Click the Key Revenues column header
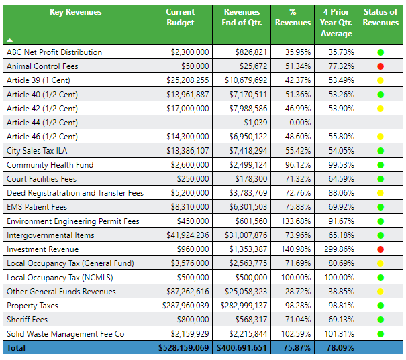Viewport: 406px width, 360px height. click(76, 12)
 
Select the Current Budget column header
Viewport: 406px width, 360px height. click(180, 17)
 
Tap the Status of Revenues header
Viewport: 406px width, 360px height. click(380, 17)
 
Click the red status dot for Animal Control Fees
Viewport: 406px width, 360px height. click(380, 66)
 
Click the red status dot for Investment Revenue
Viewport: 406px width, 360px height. click(380, 249)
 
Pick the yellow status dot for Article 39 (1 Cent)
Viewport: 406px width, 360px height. click(380, 80)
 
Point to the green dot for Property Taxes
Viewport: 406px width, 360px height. click(380, 306)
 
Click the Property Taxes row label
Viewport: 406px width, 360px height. click(32, 306)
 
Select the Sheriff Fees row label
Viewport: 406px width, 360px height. click(28, 320)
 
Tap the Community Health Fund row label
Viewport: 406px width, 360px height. click(50, 165)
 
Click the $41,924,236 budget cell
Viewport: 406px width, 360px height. click(185, 235)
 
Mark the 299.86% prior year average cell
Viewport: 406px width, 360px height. click(337, 249)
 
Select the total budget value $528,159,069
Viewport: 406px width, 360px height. click(183, 348)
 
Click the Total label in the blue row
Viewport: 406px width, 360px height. click(17, 348)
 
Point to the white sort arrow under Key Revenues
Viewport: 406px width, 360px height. click(9, 40)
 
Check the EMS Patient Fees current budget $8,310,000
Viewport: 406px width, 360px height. click(189, 207)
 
